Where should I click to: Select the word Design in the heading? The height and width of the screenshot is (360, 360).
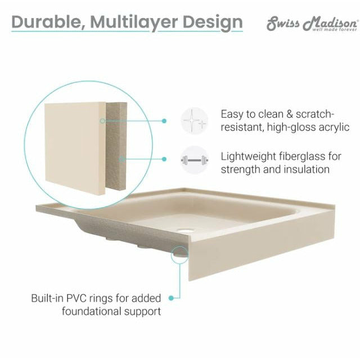[x=213, y=23]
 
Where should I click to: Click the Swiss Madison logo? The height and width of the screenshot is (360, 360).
[x=312, y=24]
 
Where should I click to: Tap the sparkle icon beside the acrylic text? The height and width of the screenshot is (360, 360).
[x=195, y=121]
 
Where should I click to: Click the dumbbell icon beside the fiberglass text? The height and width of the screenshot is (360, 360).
[x=195, y=160]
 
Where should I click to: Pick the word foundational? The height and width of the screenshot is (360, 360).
[x=92, y=311]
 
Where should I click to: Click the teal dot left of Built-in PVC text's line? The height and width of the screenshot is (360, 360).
[x=171, y=298]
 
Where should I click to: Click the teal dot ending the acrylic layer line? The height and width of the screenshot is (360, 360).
[x=164, y=121]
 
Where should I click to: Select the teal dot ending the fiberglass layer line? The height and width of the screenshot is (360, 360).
[x=164, y=159]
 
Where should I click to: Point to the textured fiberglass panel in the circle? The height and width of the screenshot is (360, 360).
[x=116, y=146]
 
